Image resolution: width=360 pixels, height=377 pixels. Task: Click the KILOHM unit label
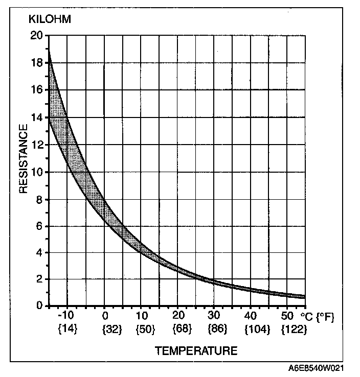click(49, 20)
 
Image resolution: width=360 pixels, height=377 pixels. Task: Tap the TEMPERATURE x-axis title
click(196, 351)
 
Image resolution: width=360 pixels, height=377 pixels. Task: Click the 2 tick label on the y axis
click(39, 279)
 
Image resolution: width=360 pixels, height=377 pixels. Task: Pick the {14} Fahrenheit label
click(67, 329)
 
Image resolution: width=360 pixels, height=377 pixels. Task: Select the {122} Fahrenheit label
click(294, 329)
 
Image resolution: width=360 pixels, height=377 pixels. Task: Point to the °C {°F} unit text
click(317, 317)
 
